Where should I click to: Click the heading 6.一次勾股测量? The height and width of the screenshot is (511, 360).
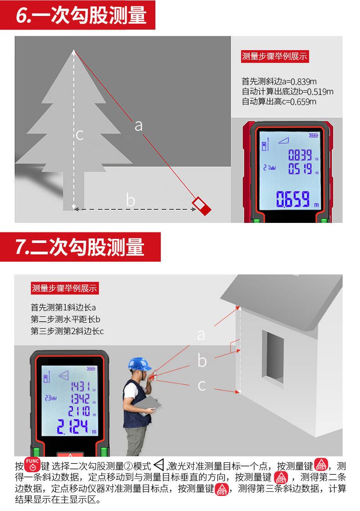pos(81,15)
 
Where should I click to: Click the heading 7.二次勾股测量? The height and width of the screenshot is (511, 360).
pos(80,247)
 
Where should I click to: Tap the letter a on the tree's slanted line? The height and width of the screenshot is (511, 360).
pos(139,125)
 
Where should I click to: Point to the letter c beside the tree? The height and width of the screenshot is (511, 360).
pos(80,135)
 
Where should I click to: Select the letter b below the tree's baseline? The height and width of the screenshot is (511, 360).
pos(131,200)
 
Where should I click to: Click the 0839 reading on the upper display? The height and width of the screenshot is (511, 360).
pos(300,155)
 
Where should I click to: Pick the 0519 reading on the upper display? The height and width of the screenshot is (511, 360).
pos(300,169)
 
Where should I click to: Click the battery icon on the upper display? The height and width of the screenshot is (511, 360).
pos(314,135)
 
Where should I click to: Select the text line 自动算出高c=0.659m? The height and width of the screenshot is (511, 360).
pos(279,102)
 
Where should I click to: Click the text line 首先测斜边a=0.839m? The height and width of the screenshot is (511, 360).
pos(279,82)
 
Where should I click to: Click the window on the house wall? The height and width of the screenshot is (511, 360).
pos(273,356)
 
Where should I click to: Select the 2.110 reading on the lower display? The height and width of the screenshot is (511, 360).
pos(79,411)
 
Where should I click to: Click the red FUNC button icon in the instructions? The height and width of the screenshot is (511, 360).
pos(32,465)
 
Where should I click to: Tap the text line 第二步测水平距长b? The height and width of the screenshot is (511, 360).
pos(66,319)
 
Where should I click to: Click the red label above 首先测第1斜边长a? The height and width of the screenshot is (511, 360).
pos(65,289)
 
